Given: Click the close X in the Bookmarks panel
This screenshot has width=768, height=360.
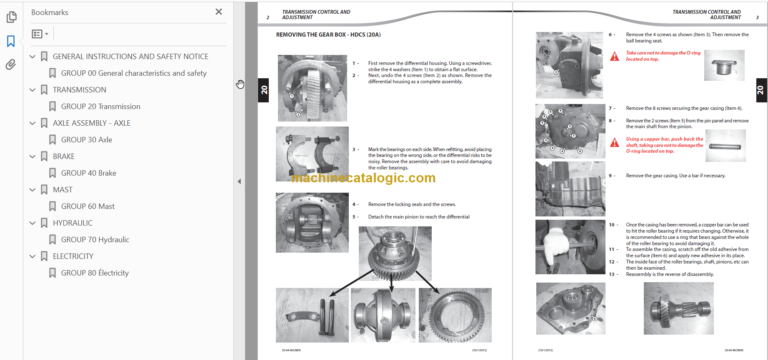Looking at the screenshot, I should point(219,12).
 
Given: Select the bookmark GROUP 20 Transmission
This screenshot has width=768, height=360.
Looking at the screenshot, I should point(100,105).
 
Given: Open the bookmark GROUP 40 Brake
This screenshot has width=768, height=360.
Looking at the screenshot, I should point(89,173).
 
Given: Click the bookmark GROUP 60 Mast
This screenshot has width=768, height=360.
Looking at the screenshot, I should point(88,206).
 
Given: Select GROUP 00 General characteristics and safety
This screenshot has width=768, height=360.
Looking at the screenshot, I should point(133,73).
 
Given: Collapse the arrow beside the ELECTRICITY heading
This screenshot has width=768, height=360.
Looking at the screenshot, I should point(33,255).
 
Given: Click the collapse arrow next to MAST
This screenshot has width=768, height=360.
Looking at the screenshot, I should point(33,189).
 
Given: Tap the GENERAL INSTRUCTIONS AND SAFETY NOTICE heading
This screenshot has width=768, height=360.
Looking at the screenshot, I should point(130,57).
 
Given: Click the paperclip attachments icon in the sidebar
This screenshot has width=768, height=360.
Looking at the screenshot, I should point(10,64).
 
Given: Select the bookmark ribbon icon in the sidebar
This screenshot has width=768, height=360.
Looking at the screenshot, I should point(10,41).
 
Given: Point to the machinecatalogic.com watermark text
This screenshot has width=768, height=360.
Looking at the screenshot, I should point(364,178).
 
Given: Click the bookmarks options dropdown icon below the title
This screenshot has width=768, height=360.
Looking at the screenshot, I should point(41,33).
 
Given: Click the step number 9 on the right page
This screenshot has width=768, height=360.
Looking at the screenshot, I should point(613,175).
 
